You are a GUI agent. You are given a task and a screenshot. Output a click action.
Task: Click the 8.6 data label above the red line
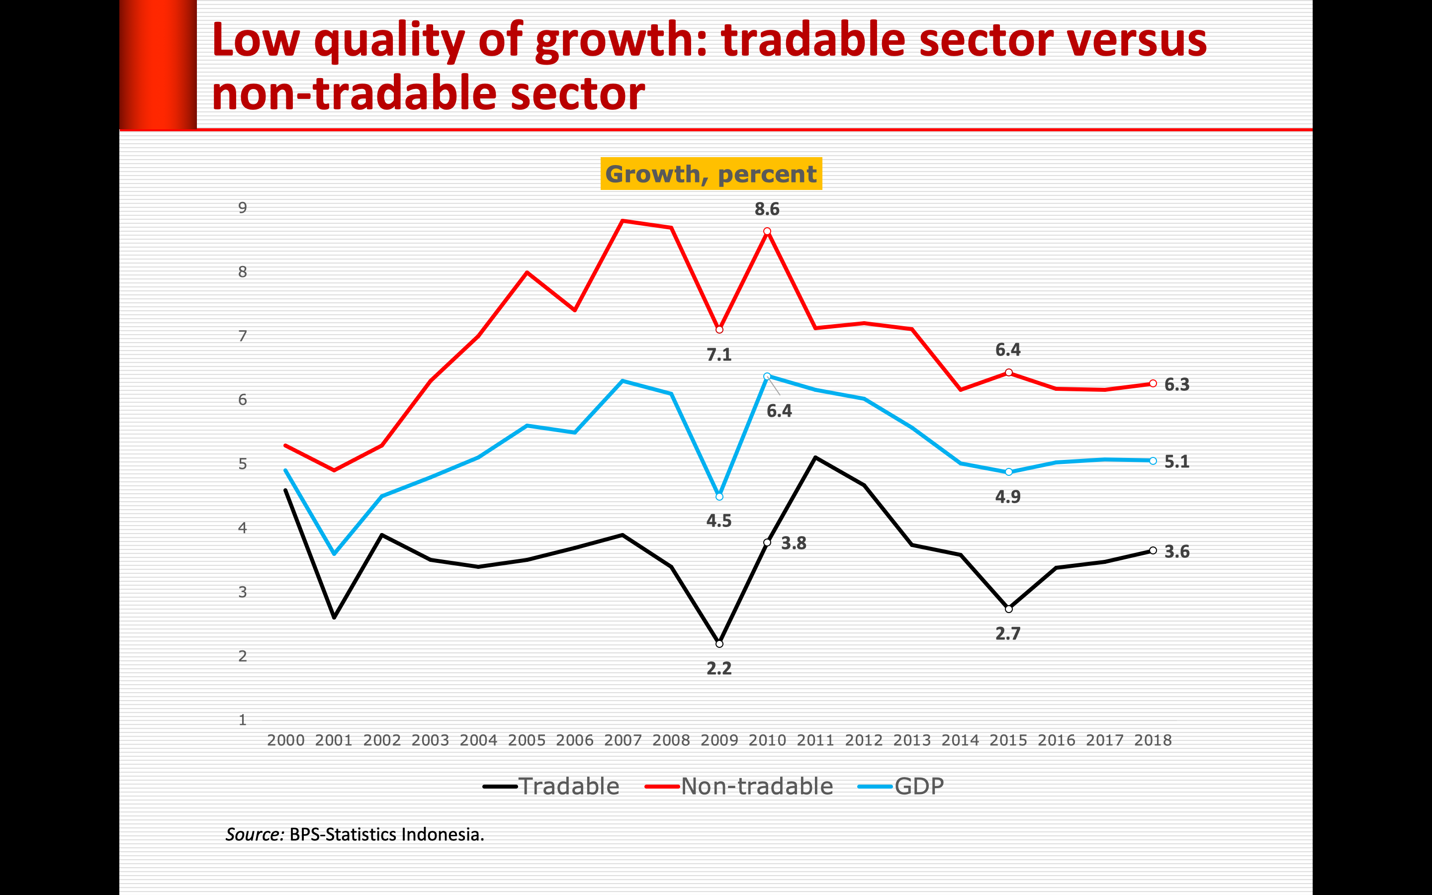point(767,209)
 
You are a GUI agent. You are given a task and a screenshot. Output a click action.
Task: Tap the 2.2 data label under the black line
point(719,668)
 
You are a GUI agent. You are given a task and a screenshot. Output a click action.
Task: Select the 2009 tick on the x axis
point(719,740)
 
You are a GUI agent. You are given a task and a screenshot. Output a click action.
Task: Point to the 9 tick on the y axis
point(243,208)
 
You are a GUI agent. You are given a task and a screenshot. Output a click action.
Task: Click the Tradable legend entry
point(551,786)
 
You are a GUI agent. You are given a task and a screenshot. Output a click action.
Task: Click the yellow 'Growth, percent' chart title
point(711,174)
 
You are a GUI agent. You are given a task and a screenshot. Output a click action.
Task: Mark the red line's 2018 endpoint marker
point(1153,383)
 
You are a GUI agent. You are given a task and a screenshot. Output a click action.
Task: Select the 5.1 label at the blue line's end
point(1176,462)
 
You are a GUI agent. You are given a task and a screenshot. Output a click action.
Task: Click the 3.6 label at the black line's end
point(1176,552)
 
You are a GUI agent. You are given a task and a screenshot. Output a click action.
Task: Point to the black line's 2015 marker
point(1009,609)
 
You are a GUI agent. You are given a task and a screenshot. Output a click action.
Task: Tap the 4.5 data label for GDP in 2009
point(719,521)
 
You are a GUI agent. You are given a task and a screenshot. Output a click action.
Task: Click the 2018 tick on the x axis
point(1153,740)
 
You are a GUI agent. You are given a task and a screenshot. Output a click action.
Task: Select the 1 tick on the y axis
point(243,720)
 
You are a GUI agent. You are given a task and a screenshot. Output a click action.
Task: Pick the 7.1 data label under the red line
point(719,355)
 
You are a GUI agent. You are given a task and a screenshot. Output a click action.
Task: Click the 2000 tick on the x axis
point(286,740)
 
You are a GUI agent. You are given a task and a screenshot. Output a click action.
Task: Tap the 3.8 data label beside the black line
point(794,543)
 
